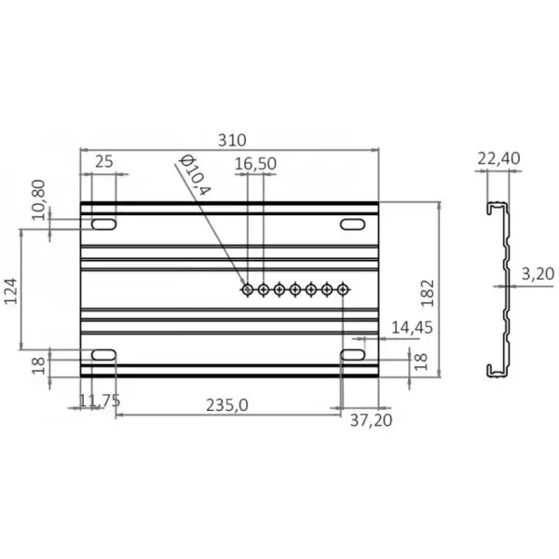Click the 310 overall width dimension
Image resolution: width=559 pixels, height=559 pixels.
point(232,141)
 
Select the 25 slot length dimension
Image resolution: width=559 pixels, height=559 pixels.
point(104,162)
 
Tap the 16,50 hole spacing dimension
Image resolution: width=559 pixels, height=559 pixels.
point(255,164)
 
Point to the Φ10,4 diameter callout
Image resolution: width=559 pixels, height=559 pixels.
point(195,174)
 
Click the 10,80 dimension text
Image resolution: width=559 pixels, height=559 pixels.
point(38,200)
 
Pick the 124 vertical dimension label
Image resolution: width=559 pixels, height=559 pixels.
point(10,292)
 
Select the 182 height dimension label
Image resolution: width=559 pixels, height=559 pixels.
point(428,293)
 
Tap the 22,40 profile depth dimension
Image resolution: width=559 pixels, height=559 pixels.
point(498,158)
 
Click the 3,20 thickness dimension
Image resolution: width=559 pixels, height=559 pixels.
point(538,274)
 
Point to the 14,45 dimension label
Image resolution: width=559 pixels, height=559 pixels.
point(412,328)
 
